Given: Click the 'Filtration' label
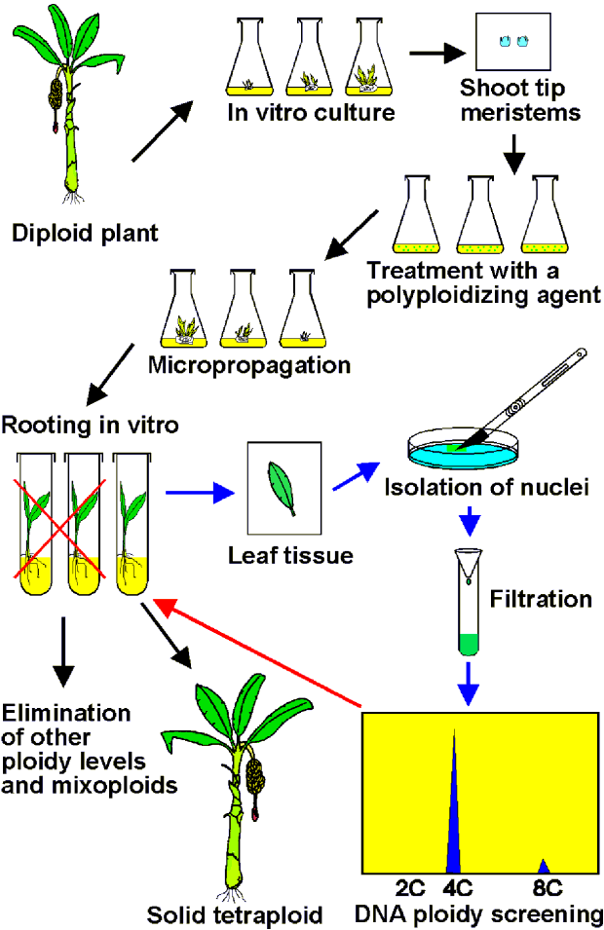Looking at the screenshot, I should point(541,598).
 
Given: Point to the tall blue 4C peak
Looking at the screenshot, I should point(453,808).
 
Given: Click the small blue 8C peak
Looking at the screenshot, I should point(544,866).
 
